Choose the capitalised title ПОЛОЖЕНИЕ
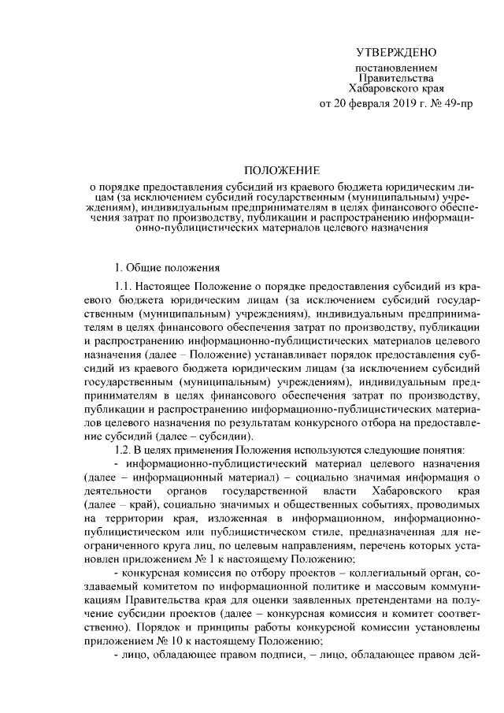[x=281, y=169]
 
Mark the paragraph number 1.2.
[x=124, y=448]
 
